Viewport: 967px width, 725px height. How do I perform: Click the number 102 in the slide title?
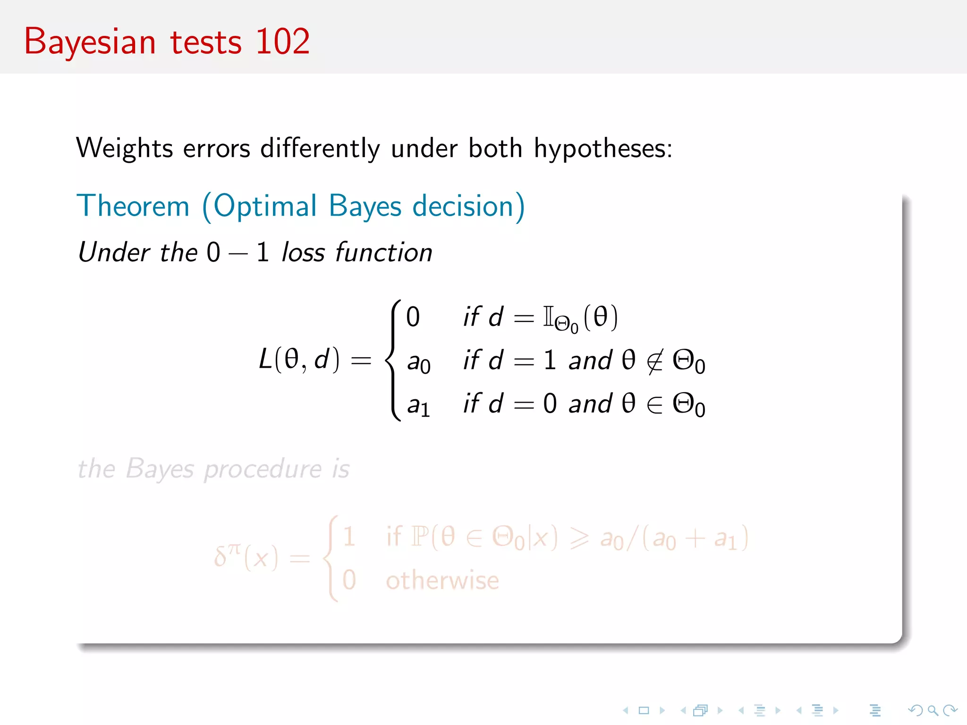282,42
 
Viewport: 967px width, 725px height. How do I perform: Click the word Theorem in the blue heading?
133,206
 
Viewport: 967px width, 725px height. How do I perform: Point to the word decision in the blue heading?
468,206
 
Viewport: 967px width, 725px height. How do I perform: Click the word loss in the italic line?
303,252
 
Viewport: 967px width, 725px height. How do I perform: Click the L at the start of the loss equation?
265,360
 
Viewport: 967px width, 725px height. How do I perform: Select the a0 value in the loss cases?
418,362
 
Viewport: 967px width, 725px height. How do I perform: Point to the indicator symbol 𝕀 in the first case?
548,316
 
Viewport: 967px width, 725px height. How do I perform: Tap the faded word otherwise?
442,580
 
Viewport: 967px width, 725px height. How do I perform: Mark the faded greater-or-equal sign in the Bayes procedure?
579,538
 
